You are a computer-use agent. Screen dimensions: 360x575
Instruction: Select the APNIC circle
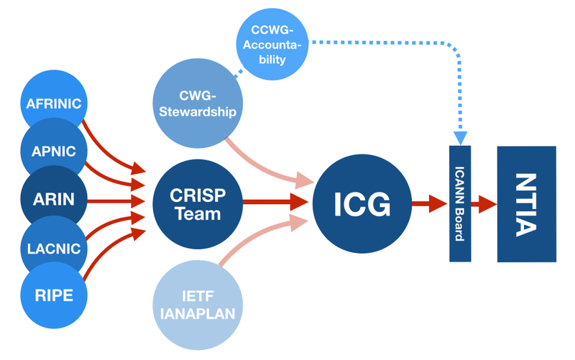pyautogui.click(x=55, y=151)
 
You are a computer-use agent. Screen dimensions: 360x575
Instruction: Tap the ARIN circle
pyautogui.click(x=55, y=199)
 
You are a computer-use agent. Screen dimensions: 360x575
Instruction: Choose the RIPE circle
pyautogui.click(x=55, y=295)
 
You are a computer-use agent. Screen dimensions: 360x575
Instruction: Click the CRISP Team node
pyautogui.click(x=195, y=204)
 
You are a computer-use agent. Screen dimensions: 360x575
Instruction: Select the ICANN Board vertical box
pyautogui.click(x=460, y=203)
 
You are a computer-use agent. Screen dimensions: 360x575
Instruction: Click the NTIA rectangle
pyautogui.click(x=527, y=204)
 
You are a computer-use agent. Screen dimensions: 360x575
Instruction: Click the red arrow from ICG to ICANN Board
pyautogui.click(x=430, y=203)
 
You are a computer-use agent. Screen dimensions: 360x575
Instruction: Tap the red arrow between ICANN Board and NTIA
pyautogui.click(x=484, y=203)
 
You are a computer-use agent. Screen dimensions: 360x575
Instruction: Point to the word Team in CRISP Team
pyautogui.click(x=195, y=213)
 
